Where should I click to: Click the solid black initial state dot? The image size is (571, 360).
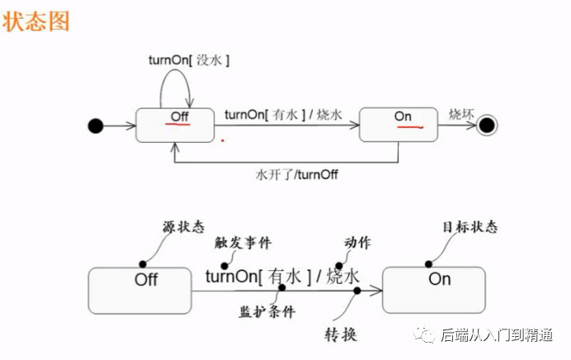pos(96,126)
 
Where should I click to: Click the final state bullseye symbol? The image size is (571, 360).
pos(486,126)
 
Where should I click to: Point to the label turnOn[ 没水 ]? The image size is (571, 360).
pos(188,59)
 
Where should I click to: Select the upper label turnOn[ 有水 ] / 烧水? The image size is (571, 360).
pos(283,115)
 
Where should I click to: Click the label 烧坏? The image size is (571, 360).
pos(461,114)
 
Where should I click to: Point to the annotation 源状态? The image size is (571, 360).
pos(183,227)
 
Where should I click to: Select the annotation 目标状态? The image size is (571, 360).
pos(470,226)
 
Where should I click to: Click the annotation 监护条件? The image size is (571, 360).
pos(267,312)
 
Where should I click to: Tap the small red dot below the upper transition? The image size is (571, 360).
pos(222,140)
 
